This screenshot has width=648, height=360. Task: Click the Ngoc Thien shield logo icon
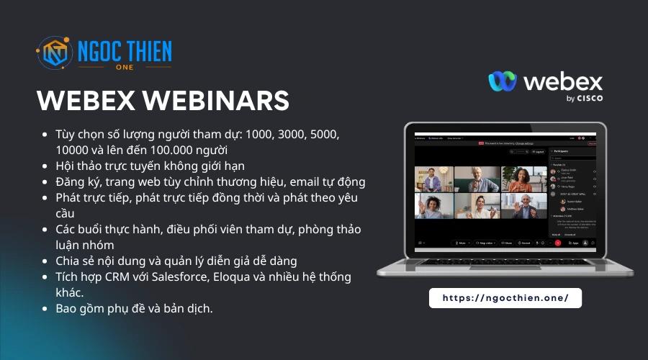coord(55,55)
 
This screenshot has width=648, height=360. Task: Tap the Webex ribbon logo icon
coord(503,81)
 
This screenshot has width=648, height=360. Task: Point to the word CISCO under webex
coord(590,99)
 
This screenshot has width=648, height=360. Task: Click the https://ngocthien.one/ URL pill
coord(505,297)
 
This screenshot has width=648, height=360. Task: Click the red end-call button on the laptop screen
coord(557,243)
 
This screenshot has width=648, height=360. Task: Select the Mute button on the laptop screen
coord(460,243)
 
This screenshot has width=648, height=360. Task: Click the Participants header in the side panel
coord(572,152)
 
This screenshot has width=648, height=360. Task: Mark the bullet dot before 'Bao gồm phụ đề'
coord(46,309)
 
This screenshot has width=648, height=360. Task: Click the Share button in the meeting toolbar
coord(507,243)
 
